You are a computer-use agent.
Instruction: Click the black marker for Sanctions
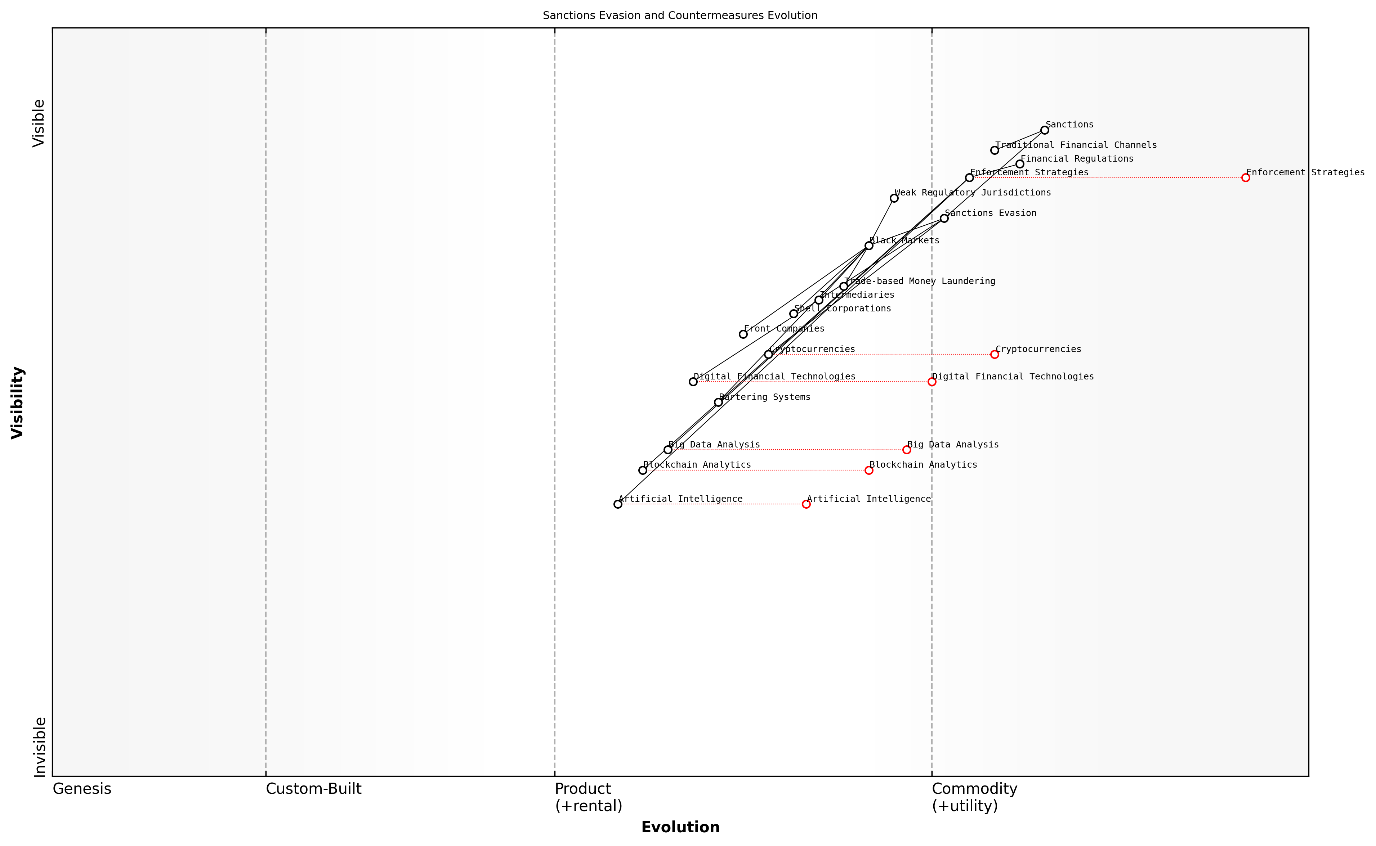[1045, 130]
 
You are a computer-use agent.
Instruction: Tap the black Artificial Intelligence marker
[617, 504]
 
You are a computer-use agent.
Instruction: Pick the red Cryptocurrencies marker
[994, 354]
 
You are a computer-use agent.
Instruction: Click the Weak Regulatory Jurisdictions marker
[894, 198]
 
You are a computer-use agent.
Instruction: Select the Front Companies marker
[743, 334]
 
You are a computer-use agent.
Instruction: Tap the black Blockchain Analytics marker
[643, 470]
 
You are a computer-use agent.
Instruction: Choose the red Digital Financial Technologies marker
[932, 382]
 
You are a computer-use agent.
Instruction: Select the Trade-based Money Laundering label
[919, 281]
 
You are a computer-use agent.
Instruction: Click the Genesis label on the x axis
[82, 789]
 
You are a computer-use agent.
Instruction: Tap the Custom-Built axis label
[313, 789]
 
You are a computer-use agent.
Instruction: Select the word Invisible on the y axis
[39, 747]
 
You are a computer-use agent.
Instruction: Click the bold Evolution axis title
[680, 827]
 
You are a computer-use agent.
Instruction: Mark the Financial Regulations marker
[1019, 164]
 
